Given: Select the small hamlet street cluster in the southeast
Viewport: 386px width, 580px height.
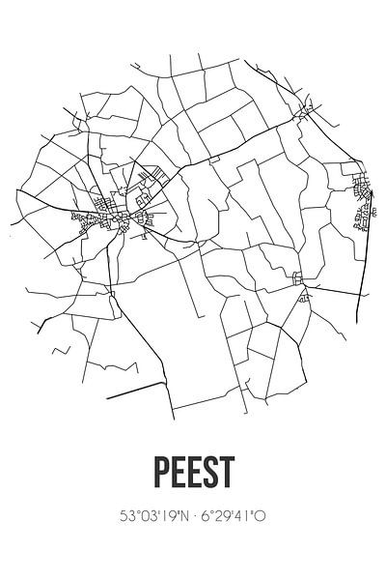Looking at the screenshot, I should click(300, 282).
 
